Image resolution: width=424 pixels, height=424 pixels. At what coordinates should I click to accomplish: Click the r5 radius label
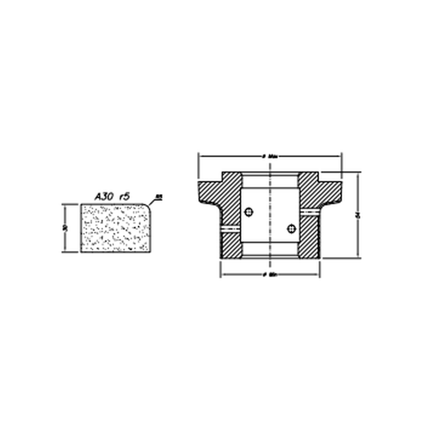tap(124, 197)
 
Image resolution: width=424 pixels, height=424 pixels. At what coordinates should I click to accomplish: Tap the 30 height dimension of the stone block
tap(65, 228)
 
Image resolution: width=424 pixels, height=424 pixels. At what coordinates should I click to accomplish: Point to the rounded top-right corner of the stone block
tap(148, 207)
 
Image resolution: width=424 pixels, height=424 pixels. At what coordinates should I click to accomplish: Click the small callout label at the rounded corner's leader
tap(159, 196)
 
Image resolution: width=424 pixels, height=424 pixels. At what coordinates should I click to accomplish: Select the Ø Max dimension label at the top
tap(270, 157)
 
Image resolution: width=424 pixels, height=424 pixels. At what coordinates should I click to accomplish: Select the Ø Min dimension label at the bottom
tap(270, 275)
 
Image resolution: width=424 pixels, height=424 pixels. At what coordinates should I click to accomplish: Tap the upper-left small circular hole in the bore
tap(248, 212)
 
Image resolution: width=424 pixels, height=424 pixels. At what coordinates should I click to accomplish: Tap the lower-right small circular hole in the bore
tap(291, 228)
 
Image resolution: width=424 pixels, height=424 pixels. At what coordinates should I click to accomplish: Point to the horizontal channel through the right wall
tap(309, 212)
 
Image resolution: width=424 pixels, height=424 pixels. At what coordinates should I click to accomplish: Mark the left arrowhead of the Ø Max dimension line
tap(201, 157)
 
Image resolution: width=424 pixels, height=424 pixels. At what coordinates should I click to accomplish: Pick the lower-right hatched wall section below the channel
tap(309, 236)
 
